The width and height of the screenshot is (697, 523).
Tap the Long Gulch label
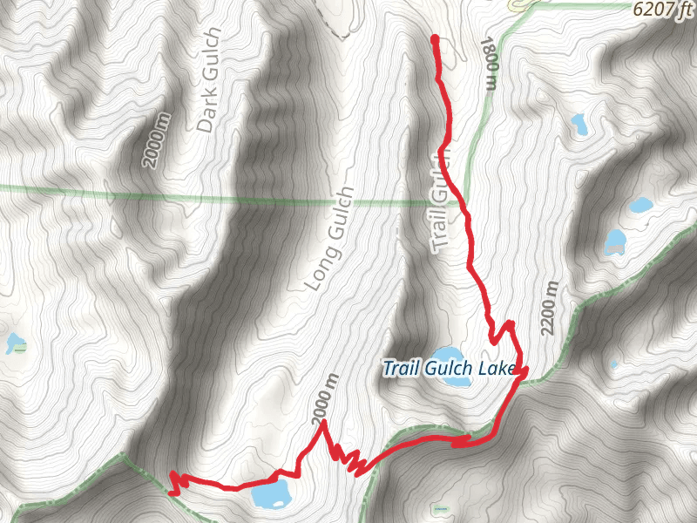(330, 238)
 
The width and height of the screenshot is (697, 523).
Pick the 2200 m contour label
(549, 310)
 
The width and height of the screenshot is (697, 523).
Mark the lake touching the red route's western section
(271, 495)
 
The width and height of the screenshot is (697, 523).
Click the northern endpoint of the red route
(434, 38)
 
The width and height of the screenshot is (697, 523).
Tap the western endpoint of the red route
(172, 474)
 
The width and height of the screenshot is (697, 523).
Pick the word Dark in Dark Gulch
(206, 112)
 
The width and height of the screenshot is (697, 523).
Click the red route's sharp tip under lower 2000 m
(323, 423)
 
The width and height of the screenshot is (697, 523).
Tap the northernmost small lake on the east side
(579, 123)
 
